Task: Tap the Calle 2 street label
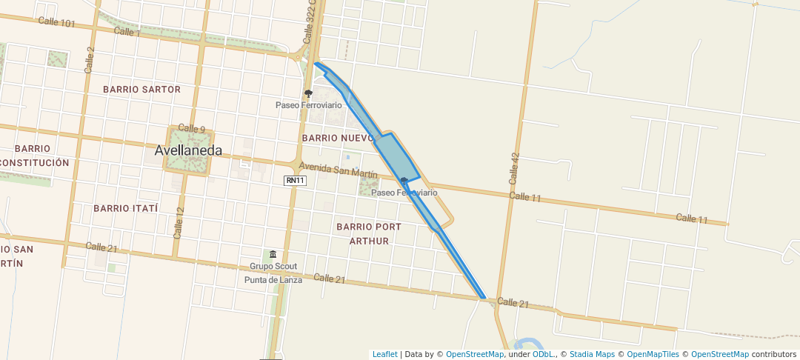pos(90,59)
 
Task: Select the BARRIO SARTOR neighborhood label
pos(141,90)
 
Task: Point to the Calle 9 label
pos(192,129)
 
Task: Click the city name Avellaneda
pos(188,150)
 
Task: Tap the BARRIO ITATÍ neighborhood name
pos(126,208)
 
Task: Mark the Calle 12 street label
pos(179,222)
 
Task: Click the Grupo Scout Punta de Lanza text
pos(273,273)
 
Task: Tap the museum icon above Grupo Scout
pos(273,254)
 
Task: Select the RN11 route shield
pos(294,180)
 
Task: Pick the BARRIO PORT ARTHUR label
pos(368,233)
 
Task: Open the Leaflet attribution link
pos(384,355)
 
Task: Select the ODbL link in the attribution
pos(542,355)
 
